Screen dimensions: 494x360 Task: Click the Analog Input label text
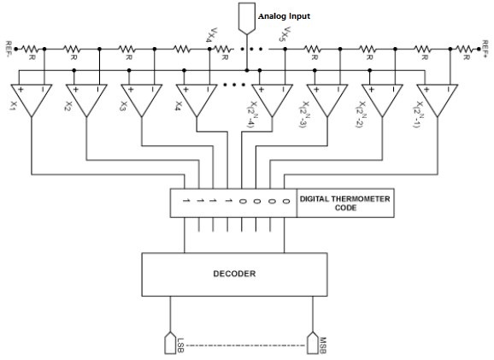click(x=284, y=16)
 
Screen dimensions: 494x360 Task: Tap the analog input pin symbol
click(x=247, y=18)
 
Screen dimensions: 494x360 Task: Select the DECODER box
click(x=234, y=274)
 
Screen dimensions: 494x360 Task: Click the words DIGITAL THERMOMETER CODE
click(x=344, y=204)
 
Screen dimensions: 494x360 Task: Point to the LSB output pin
click(x=170, y=343)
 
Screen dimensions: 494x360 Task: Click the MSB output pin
click(x=313, y=343)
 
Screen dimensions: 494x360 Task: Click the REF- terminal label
click(x=9, y=49)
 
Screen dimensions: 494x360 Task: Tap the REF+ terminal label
click(x=485, y=49)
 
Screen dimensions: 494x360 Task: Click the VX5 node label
click(x=285, y=34)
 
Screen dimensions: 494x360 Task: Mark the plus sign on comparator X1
click(x=21, y=90)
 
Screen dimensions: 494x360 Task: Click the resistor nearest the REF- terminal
click(x=30, y=49)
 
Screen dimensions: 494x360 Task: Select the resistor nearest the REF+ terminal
click(x=464, y=49)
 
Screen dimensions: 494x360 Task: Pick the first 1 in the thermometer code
click(x=186, y=200)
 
